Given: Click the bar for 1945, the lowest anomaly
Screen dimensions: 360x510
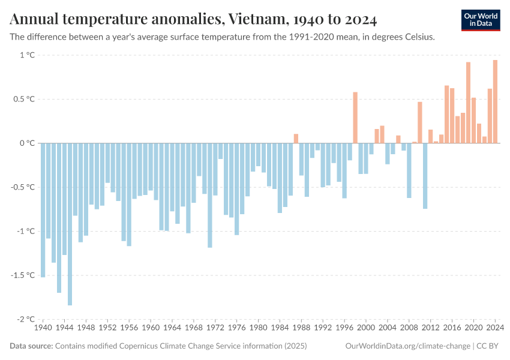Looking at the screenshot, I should pyautogui.click(x=70, y=224).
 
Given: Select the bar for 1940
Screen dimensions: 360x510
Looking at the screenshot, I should pyautogui.click(x=43, y=210).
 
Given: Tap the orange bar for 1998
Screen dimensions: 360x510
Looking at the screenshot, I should pyautogui.click(x=355, y=118).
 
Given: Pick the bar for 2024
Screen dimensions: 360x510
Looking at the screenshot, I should pyautogui.click(x=495, y=101).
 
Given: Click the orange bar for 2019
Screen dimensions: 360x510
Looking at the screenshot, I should pyautogui.click(x=468, y=103).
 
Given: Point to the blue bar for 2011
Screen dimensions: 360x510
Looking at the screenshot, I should pyautogui.click(x=425, y=176).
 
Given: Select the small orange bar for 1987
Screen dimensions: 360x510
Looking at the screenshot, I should pyautogui.click(x=296, y=139).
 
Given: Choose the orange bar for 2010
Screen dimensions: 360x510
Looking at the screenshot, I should pyautogui.click(x=420, y=122).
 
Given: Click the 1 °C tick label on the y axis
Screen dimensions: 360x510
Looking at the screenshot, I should pyautogui.click(x=27, y=55).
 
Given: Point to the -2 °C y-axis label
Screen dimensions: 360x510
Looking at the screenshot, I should pyautogui.click(x=25, y=319).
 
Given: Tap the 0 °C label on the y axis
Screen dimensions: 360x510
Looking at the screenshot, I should pyautogui.click(x=27, y=143).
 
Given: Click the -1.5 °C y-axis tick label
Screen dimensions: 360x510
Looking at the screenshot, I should pyautogui.click(x=23, y=275).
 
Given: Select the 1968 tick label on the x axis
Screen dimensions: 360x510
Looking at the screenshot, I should pyautogui.click(x=194, y=328).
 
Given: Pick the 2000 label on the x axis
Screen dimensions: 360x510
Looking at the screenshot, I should pyautogui.click(x=366, y=328).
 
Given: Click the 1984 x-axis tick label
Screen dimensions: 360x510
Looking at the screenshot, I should pyautogui.click(x=280, y=328).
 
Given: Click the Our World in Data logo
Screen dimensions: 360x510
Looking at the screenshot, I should pyautogui.click(x=480, y=20).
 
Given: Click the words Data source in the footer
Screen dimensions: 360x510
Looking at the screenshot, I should pyautogui.click(x=31, y=346).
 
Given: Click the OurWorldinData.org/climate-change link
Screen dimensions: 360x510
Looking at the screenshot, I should pyautogui.click(x=408, y=346).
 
